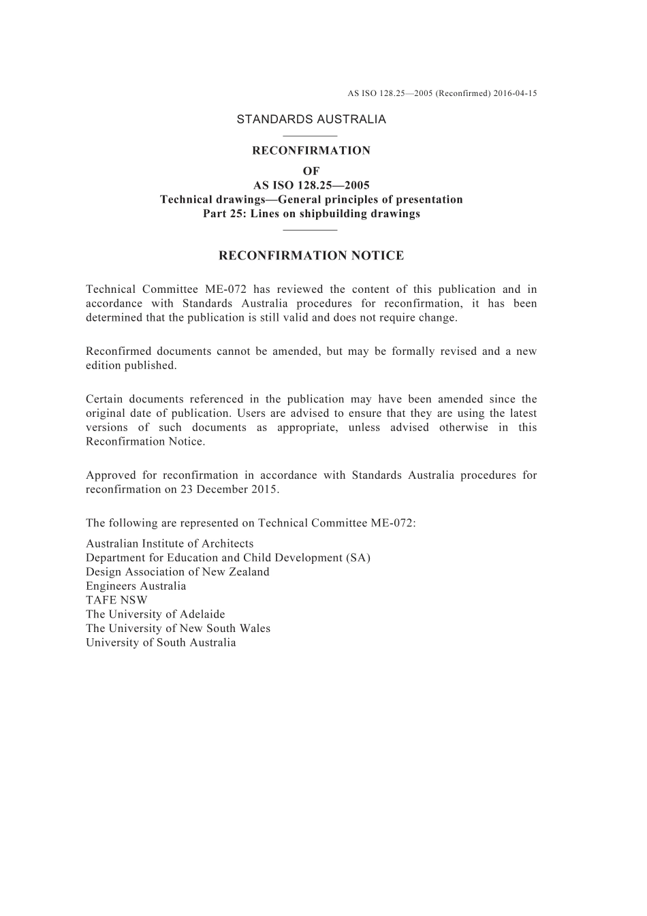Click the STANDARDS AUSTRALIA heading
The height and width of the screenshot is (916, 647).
click(311, 119)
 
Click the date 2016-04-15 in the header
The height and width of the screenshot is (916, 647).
click(514, 93)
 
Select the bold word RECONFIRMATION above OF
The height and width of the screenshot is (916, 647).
click(311, 151)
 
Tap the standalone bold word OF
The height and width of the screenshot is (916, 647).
click(311, 171)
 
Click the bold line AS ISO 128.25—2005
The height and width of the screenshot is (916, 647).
click(311, 185)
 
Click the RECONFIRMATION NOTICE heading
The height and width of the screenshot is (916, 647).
click(311, 256)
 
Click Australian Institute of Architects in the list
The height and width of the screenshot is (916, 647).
click(170, 543)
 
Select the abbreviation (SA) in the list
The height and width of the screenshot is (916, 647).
click(358, 558)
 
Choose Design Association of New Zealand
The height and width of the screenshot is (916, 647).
click(177, 572)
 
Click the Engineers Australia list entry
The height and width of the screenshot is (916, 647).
click(136, 586)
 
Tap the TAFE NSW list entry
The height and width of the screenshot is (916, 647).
click(116, 601)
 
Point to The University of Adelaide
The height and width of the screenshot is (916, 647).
click(155, 614)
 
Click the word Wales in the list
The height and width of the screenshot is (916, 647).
click(255, 629)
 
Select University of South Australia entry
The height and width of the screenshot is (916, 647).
click(161, 643)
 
